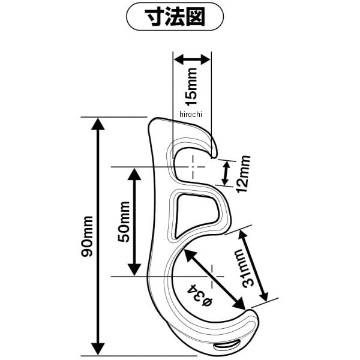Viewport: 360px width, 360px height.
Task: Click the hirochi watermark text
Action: click(x=192, y=113)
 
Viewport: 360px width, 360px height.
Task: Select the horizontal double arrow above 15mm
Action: click(x=192, y=59)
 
